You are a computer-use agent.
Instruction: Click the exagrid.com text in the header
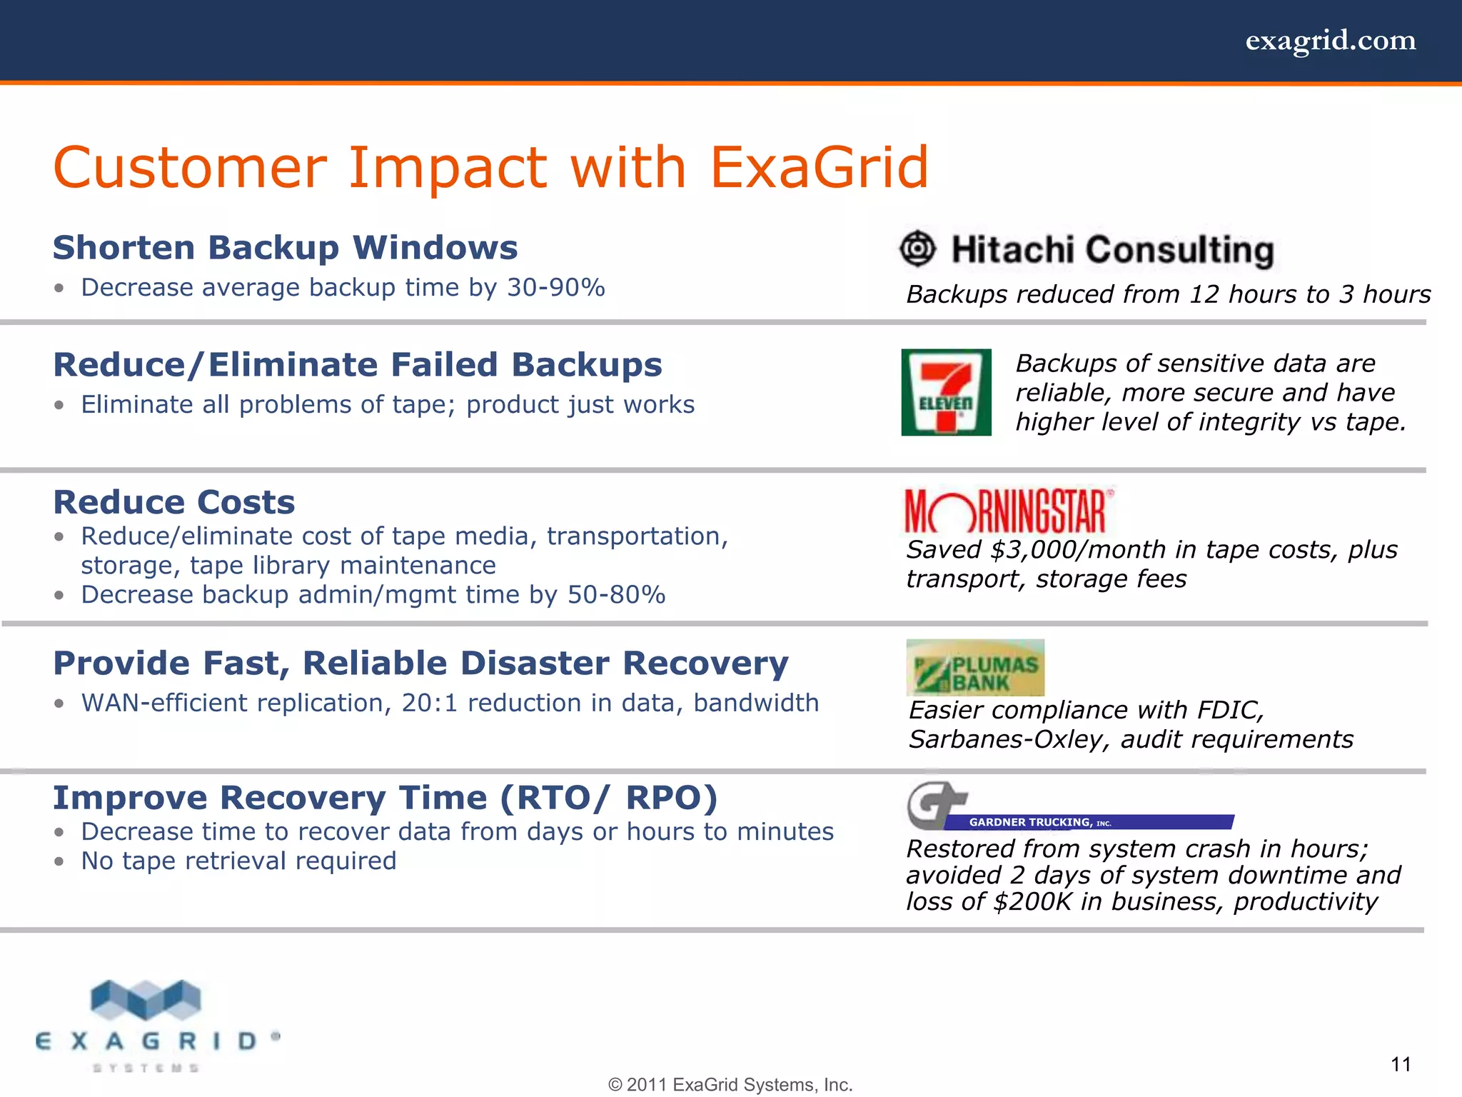click(1330, 41)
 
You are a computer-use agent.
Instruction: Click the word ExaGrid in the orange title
click(819, 168)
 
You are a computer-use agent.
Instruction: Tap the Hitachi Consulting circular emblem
click(917, 249)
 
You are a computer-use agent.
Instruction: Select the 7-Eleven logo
click(946, 392)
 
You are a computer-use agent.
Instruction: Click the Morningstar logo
click(1007, 511)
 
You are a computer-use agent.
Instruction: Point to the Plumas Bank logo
click(975, 668)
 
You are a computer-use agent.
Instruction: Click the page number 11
click(1401, 1065)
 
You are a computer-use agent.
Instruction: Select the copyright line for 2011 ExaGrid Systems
click(730, 1085)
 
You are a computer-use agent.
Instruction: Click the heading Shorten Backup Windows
click(285, 248)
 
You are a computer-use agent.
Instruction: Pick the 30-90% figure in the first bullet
click(556, 288)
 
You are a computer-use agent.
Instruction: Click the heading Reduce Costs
click(174, 502)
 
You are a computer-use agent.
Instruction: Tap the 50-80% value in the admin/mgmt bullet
click(616, 595)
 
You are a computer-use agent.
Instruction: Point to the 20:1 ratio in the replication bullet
click(429, 703)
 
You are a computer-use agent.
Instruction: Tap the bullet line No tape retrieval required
click(238, 861)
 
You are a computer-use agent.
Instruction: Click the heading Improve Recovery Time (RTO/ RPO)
click(385, 798)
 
